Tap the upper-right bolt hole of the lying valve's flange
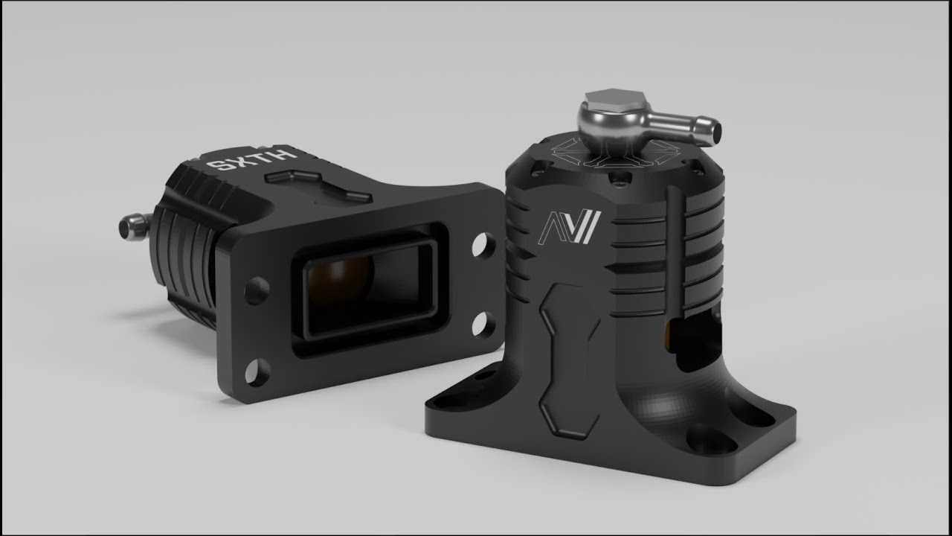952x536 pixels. point(483,244)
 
